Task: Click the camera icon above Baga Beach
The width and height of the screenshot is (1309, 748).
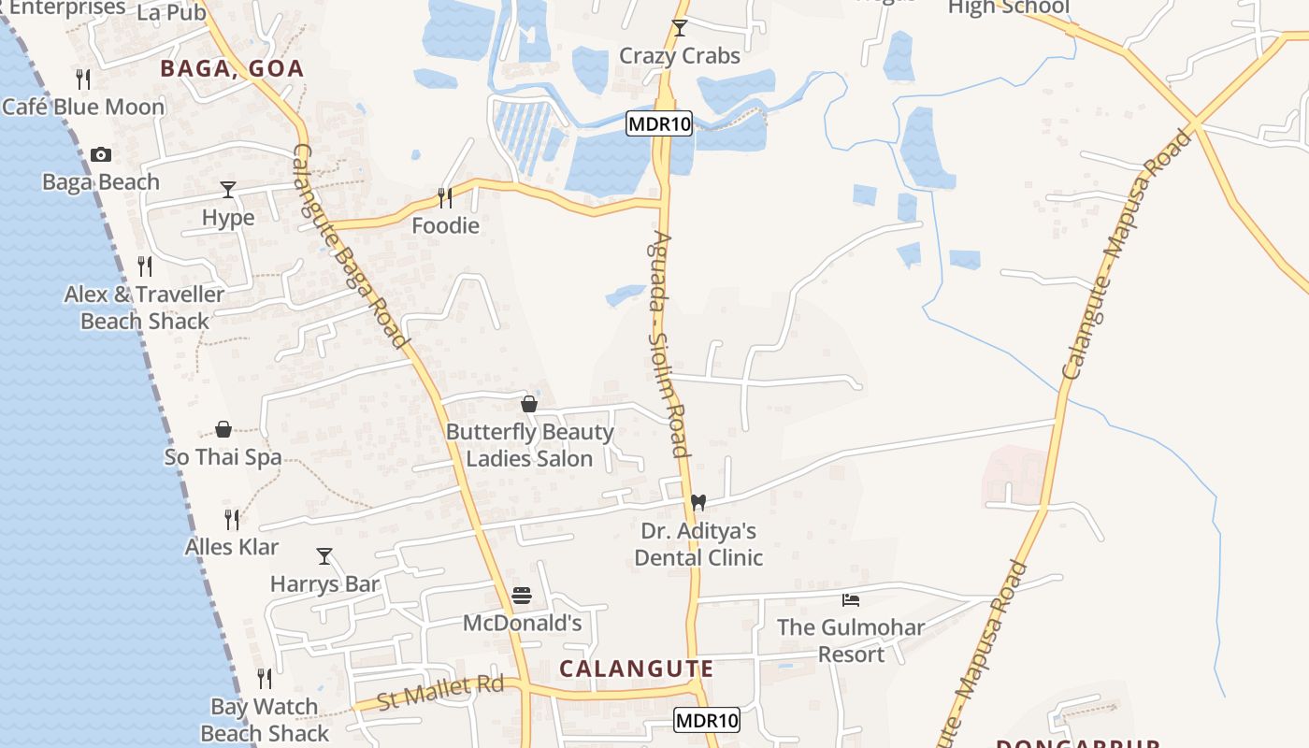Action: (x=101, y=155)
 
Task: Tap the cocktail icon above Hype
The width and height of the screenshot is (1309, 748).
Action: (x=227, y=190)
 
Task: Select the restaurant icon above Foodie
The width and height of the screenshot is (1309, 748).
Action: (x=445, y=197)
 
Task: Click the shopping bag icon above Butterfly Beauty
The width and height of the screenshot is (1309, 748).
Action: (x=529, y=404)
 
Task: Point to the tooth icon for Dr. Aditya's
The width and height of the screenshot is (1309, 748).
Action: (x=697, y=502)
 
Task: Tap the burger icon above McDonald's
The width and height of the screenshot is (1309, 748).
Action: (x=522, y=596)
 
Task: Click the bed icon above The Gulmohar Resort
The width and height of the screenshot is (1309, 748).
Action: (x=851, y=599)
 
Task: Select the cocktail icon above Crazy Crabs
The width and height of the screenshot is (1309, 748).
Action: (x=680, y=28)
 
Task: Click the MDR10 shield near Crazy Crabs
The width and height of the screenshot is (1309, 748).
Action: (x=659, y=124)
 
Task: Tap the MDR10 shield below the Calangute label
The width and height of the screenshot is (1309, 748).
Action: (x=707, y=720)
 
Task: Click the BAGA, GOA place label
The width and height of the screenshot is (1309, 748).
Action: (x=232, y=68)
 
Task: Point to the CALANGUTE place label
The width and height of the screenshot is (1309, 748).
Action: (x=636, y=669)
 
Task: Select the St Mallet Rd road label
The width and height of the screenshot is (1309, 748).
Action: (x=439, y=693)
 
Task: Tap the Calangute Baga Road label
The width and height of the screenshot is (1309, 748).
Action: (x=352, y=247)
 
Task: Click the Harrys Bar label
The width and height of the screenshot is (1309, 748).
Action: (x=324, y=584)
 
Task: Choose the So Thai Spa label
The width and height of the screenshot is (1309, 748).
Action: (x=223, y=457)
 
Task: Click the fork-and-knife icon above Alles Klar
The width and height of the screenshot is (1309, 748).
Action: (x=232, y=519)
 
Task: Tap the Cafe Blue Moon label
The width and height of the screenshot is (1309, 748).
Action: (x=83, y=107)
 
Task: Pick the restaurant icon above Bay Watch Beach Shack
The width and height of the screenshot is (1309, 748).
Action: (x=265, y=678)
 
